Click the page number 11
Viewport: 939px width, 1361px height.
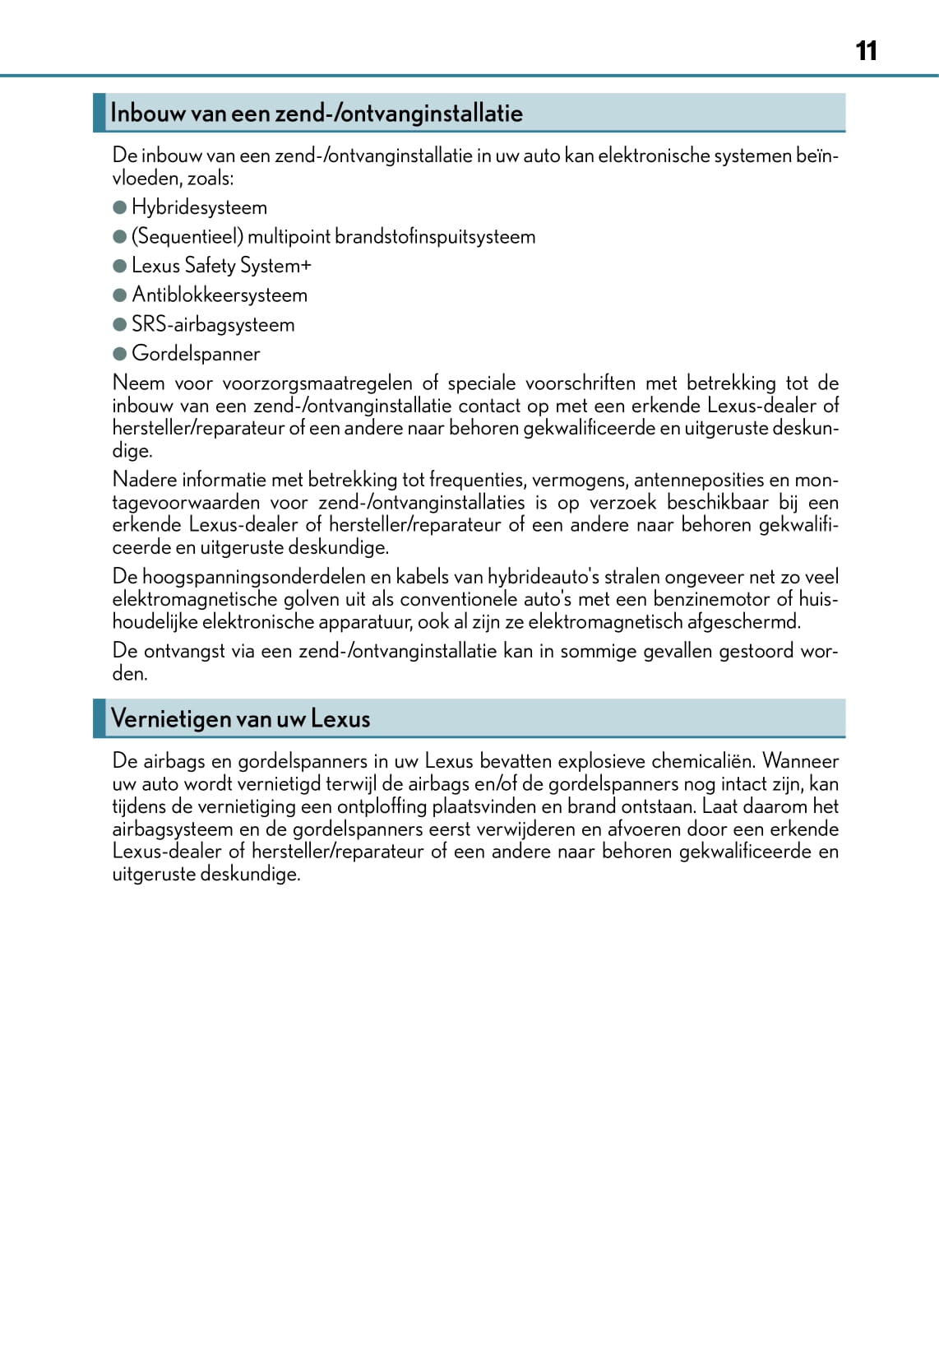click(866, 51)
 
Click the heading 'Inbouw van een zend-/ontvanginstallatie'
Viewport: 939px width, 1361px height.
click(317, 113)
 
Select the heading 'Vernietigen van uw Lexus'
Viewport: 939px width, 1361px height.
click(240, 718)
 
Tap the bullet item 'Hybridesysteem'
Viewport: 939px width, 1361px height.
click(199, 207)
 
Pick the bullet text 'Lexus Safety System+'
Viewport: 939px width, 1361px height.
click(221, 266)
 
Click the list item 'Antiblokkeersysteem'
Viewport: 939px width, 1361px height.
click(220, 295)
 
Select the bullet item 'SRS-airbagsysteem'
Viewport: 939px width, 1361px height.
click(213, 324)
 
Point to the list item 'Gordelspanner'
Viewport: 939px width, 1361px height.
click(196, 354)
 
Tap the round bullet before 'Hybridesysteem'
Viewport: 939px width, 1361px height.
click(120, 207)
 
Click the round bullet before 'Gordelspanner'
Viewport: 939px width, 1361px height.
click(120, 354)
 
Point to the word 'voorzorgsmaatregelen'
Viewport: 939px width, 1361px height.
click(317, 383)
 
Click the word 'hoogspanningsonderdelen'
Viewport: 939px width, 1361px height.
click(255, 577)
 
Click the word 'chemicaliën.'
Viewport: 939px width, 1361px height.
click(703, 761)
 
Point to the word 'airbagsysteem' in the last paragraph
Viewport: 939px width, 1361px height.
click(172, 829)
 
